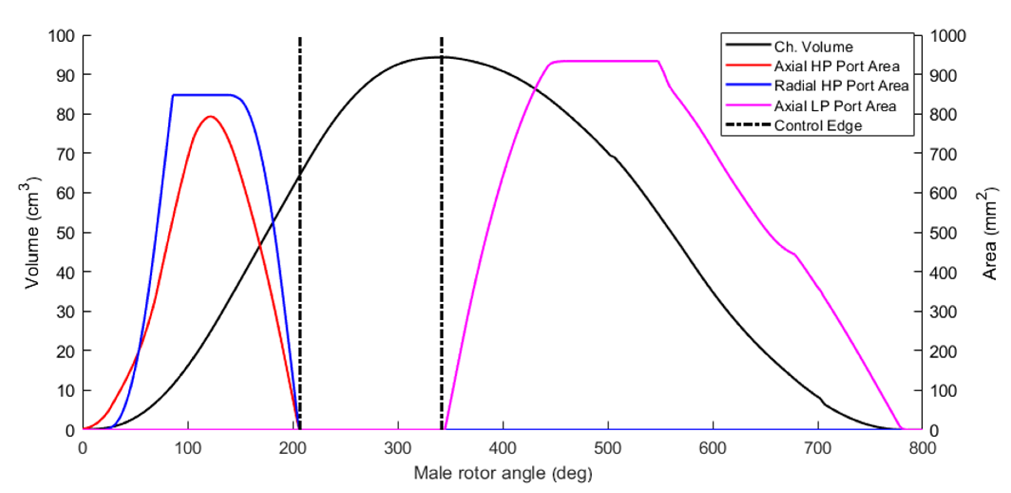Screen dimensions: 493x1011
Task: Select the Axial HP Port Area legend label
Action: tap(836, 66)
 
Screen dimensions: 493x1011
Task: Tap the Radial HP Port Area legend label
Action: tap(841, 86)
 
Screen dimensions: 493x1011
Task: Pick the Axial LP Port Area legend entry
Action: tap(835, 106)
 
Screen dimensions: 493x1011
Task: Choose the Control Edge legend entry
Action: tap(818, 126)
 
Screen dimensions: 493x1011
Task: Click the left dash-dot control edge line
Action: tap(300, 275)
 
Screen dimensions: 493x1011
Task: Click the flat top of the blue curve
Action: tap(202, 95)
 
